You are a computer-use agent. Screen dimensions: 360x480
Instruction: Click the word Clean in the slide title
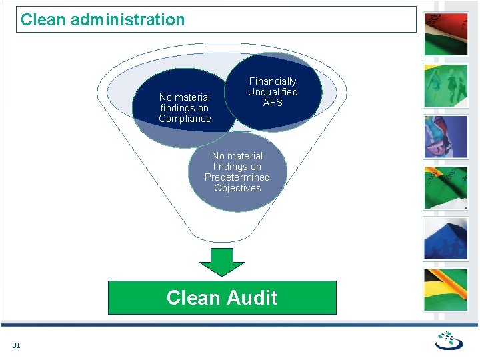pyautogui.click(x=43, y=20)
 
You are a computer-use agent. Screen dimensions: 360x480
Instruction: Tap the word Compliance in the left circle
pyautogui.click(x=185, y=119)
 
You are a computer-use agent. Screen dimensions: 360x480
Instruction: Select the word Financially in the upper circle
pyautogui.click(x=273, y=81)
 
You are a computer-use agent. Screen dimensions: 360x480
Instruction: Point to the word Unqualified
pyautogui.click(x=273, y=92)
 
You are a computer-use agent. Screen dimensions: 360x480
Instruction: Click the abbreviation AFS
pyautogui.click(x=273, y=103)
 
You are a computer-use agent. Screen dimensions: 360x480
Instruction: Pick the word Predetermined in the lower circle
pyautogui.click(x=237, y=177)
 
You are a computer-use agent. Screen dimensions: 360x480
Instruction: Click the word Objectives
pyautogui.click(x=237, y=188)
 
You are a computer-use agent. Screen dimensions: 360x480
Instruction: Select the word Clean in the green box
pyautogui.click(x=192, y=297)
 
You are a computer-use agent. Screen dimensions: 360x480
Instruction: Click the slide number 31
pyautogui.click(x=16, y=345)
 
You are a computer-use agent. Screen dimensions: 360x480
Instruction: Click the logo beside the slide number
pyautogui.click(x=449, y=340)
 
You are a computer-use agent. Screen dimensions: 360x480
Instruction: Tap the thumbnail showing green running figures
pyautogui.click(x=446, y=85)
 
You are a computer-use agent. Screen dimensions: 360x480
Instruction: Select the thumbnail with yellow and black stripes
pyautogui.click(x=446, y=289)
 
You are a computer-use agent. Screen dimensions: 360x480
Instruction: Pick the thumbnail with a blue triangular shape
pyautogui.click(x=446, y=238)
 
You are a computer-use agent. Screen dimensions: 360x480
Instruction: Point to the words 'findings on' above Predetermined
pyautogui.click(x=237, y=167)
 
